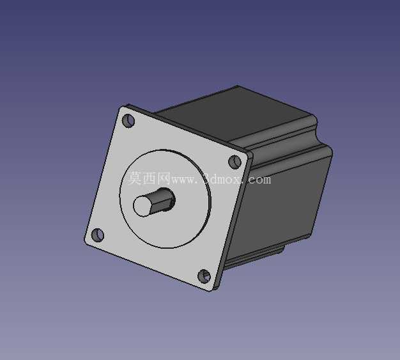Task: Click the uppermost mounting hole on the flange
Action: [128, 120]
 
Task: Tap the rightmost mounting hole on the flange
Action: [235, 162]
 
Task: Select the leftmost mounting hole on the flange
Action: [98, 235]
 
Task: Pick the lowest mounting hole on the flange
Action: [204, 276]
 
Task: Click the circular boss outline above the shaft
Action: [165, 151]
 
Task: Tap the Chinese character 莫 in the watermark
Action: [134, 178]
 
